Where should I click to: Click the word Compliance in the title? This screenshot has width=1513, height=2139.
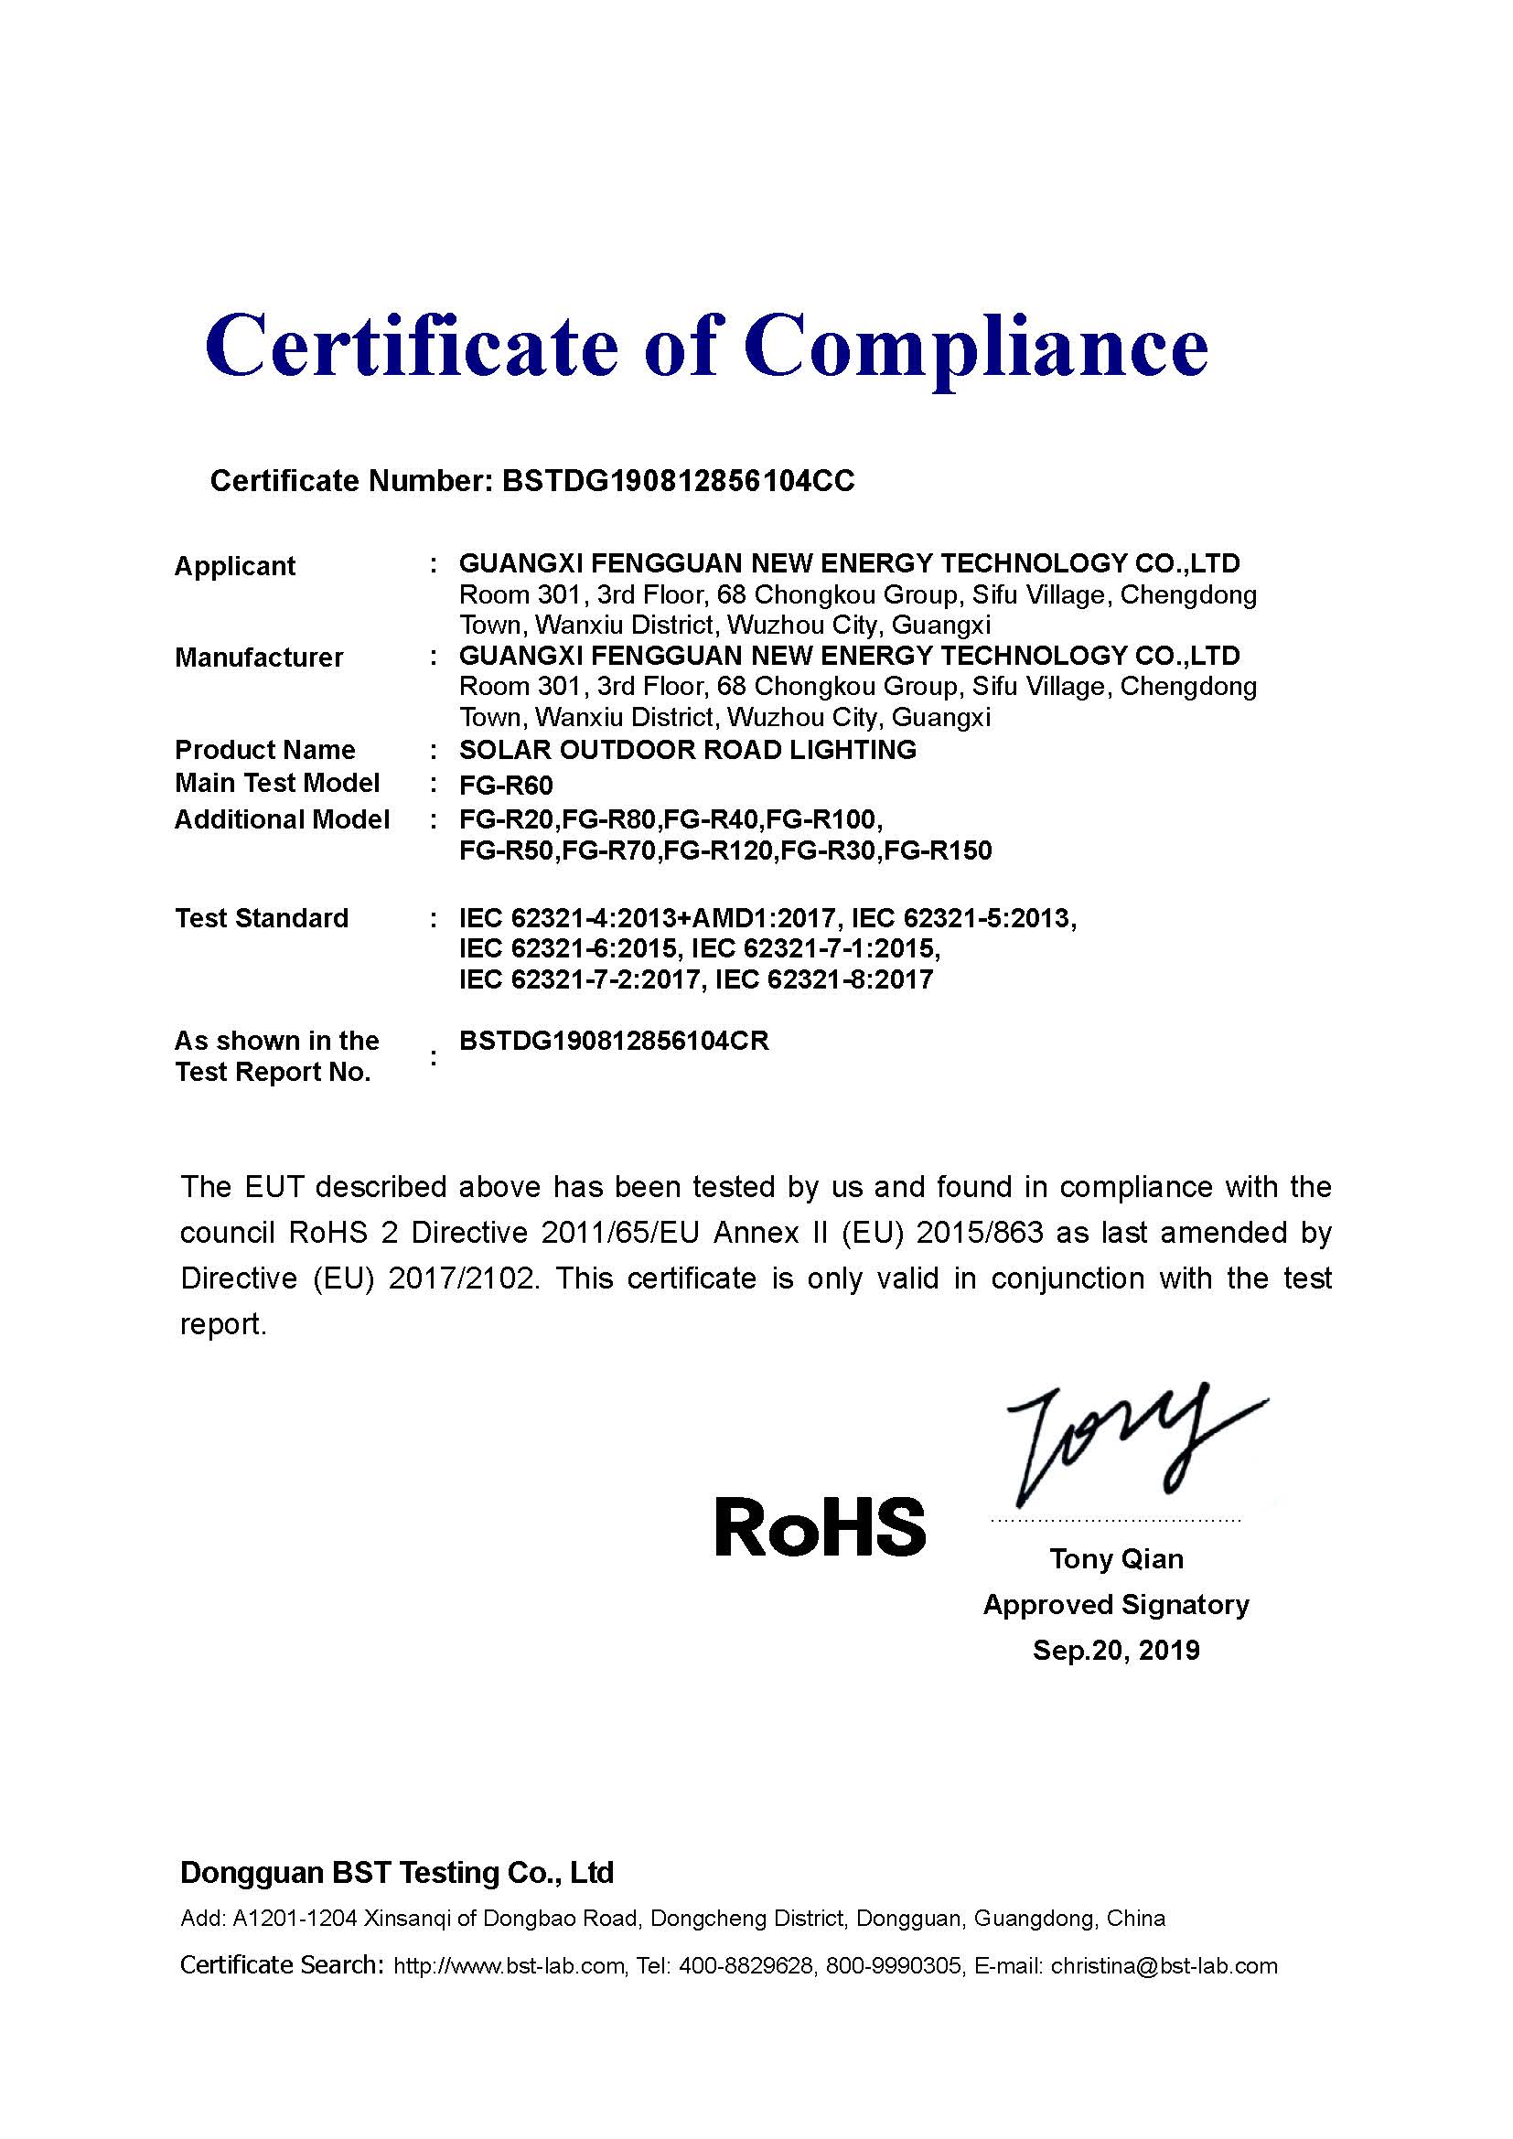(x=975, y=347)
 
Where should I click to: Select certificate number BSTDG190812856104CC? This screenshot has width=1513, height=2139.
(x=677, y=481)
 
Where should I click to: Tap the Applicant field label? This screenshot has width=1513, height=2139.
(x=235, y=566)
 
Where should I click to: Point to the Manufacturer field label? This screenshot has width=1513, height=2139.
(x=259, y=658)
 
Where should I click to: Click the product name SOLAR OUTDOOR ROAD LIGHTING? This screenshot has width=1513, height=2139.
(x=688, y=750)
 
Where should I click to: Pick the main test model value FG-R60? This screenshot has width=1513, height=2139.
(x=506, y=786)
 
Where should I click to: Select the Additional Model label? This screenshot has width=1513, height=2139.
(x=282, y=819)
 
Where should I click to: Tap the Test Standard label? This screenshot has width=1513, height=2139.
(x=262, y=918)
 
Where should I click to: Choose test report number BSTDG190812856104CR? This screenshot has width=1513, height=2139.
(x=614, y=1042)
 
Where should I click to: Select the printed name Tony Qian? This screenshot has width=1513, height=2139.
(x=1116, y=1559)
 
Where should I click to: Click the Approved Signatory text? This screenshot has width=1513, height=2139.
(x=1116, y=1605)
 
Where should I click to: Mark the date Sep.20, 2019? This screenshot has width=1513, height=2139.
(x=1116, y=1651)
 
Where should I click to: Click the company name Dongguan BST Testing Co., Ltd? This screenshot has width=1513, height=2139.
(x=397, y=1873)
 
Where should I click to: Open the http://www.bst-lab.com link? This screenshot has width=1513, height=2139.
(x=509, y=1967)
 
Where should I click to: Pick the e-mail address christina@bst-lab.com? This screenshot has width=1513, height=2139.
(x=1164, y=1967)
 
